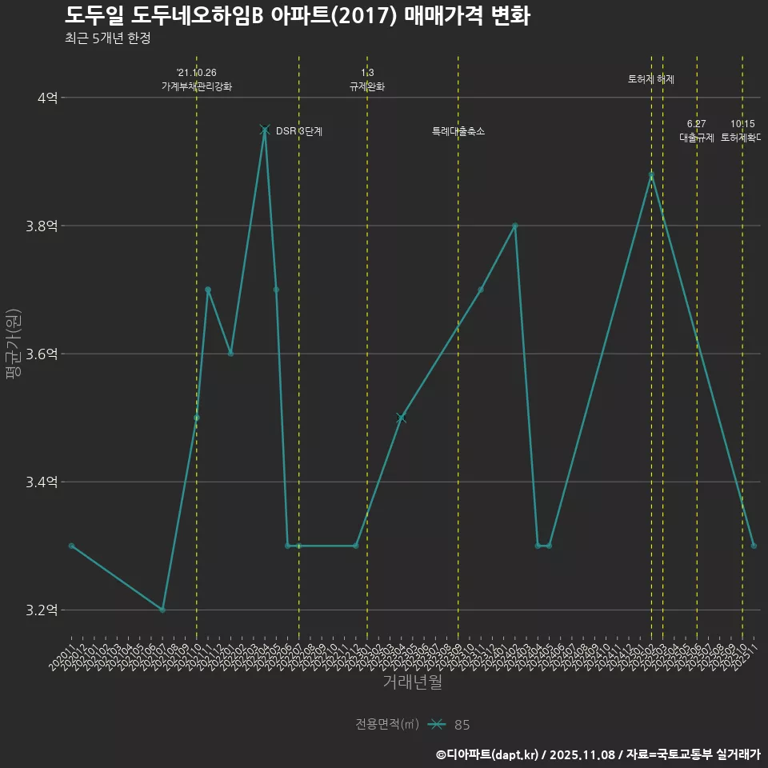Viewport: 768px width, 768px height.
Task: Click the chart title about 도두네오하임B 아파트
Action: (x=297, y=15)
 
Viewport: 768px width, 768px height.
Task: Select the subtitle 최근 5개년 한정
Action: (x=108, y=38)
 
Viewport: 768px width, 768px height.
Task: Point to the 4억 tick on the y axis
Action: (x=47, y=98)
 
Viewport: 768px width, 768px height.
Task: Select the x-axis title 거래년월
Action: (x=412, y=682)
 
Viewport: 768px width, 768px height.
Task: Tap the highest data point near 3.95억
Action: (x=265, y=130)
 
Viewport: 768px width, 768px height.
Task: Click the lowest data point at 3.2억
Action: (x=162, y=610)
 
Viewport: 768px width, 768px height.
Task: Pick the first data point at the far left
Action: (x=71, y=546)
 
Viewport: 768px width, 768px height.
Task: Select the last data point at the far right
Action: (x=754, y=546)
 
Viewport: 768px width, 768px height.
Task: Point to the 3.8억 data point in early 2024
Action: (x=515, y=226)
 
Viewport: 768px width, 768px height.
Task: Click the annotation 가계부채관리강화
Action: (x=197, y=86)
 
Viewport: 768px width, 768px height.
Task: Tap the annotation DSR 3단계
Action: (x=299, y=130)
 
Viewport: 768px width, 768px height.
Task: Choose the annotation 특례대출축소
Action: (x=458, y=130)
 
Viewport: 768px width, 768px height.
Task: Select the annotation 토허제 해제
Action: (x=651, y=79)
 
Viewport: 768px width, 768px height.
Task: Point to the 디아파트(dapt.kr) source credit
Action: (x=488, y=754)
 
